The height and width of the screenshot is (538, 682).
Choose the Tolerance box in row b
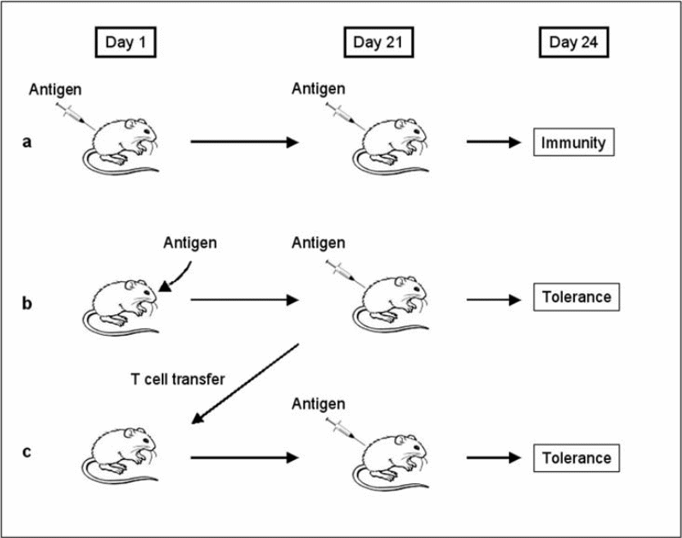pyautogui.click(x=577, y=298)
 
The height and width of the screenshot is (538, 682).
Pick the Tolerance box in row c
pyautogui.click(x=577, y=457)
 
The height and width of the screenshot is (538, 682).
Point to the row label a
pyautogui.click(x=27, y=141)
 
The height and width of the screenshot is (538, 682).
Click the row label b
pyautogui.click(x=27, y=302)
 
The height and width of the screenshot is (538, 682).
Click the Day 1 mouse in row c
pyautogui.click(x=129, y=454)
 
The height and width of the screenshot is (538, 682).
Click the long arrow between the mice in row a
pyautogui.click(x=244, y=142)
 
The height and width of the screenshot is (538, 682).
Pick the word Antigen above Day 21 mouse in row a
pyautogui.click(x=319, y=88)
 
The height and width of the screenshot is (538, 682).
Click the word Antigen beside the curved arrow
pyautogui.click(x=190, y=243)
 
